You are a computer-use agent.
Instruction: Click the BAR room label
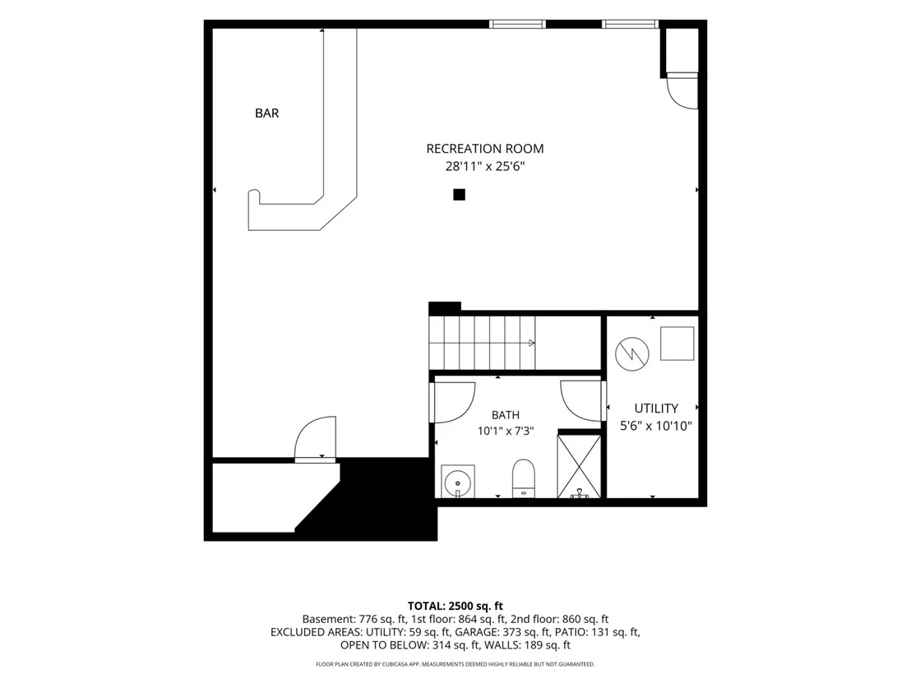pyautogui.click(x=266, y=113)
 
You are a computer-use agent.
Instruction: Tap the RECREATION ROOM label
pyautogui.click(x=485, y=149)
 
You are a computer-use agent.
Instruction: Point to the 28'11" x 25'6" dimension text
pyautogui.click(x=485, y=167)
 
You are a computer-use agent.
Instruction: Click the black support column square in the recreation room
pyautogui.click(x=459, y=195)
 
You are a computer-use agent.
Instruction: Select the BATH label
pyautogui.click(x=506, y=415)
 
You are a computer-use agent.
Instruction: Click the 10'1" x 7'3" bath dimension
pyautogui.click(x=506, y=431)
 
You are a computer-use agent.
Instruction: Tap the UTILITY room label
pyautogui.click(x=656, y=408)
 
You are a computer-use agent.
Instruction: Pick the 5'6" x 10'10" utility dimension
pyautogui.click(x=656, y=426)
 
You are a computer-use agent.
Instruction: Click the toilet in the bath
pyautogui.click(x=524, y=479)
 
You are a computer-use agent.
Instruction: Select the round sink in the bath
pyautogui.click(x=458, y=482)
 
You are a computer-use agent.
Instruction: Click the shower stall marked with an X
pyautogui.click(x=580, y=466)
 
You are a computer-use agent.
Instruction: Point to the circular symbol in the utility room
pyautogui.click(x=632, y=353)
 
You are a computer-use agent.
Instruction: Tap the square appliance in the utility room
pyautogui.click(x=677, y=344)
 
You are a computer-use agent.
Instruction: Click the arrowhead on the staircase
pyautogui.click(x=532, y=344)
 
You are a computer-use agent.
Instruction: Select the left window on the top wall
pyautogui.click(x=517, y=24)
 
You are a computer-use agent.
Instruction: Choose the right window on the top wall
pyautogui.click(x=630, y=24)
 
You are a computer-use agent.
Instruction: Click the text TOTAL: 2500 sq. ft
pyautogui.click(x=455, y=607)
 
